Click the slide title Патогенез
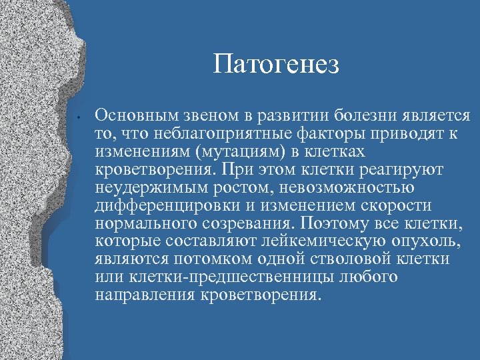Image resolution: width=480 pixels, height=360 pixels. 277,65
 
